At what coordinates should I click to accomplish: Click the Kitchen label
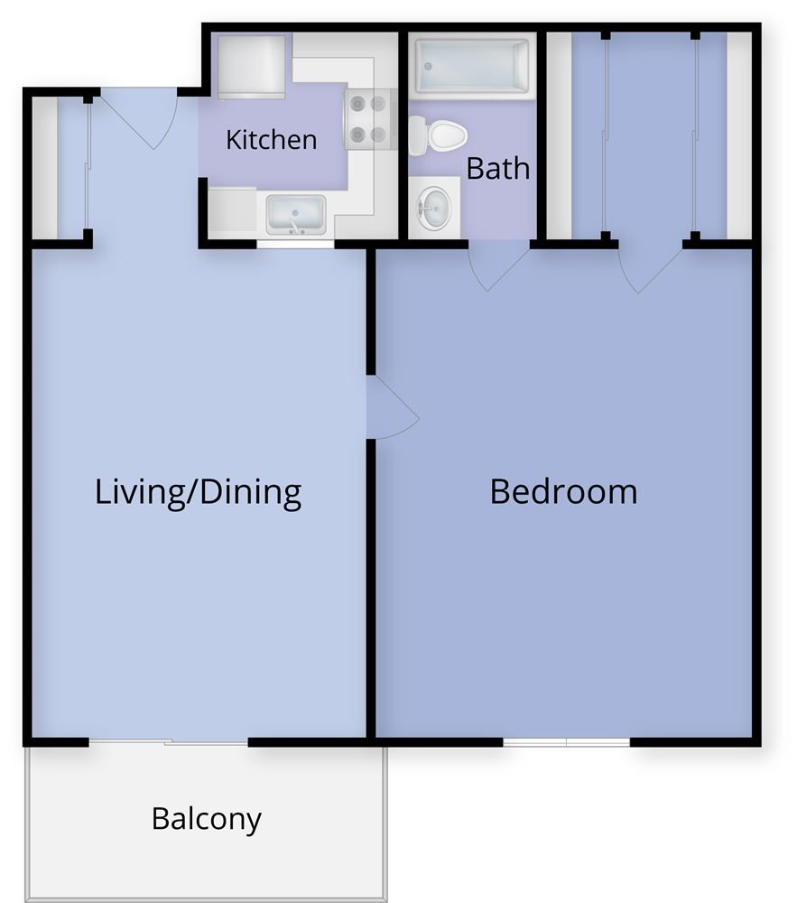(271, 140)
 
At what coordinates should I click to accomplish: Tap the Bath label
(497, 168)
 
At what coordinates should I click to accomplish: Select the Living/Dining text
(198, 492)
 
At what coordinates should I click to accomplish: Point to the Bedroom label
(563, 492)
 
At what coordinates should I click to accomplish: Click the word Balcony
(207, 819)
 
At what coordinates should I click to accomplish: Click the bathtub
(472, 65)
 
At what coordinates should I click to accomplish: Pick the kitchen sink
(296, 215)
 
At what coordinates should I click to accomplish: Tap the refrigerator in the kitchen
(252, 68)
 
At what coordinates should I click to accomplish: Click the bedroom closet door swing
(650, 267)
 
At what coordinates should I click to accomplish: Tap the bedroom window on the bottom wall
(566, 742)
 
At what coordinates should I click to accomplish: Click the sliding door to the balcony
(169, 743)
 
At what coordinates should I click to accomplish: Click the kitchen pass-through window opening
(295, 243)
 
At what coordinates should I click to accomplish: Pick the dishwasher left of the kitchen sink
(232, 212)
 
